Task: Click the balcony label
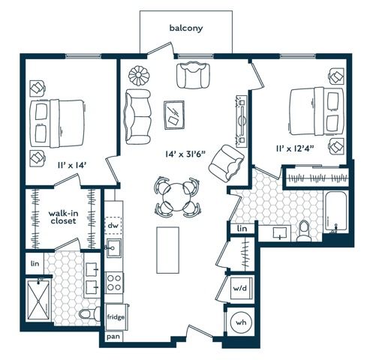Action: [x=186, y=28]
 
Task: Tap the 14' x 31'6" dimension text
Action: [x=185, y=154]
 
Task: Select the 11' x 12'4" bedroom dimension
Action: [x=295, y=148]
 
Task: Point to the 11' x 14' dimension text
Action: [x=72, y=165]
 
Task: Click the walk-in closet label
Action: [x=63, y=217]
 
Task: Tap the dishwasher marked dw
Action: [x=113, y=225]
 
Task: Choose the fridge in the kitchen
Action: [x=116, y=317]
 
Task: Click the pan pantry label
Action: [x=113, y=337]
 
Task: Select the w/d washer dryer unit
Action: [x=240, y=288]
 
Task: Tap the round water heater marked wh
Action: [x=241, y=322]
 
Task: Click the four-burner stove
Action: [x=114, y=283]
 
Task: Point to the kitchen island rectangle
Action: [x=167, y=250]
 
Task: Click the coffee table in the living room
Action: [x=174, y=115]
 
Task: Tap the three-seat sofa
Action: [x=137, y=117]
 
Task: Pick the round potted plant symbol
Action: [x=138, y=75]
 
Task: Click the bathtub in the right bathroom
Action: [x=335, y=212]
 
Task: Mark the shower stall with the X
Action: [x=38, y=300]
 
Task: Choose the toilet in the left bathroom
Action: [x=90, y=313]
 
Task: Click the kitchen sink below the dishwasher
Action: [x=114, y=248]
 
